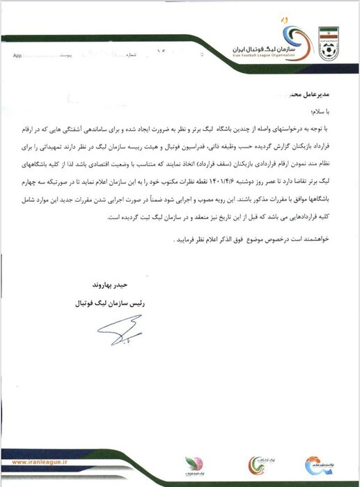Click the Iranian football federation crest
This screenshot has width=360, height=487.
tap(328, 43)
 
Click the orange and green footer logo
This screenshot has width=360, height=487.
tap(258, 463)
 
